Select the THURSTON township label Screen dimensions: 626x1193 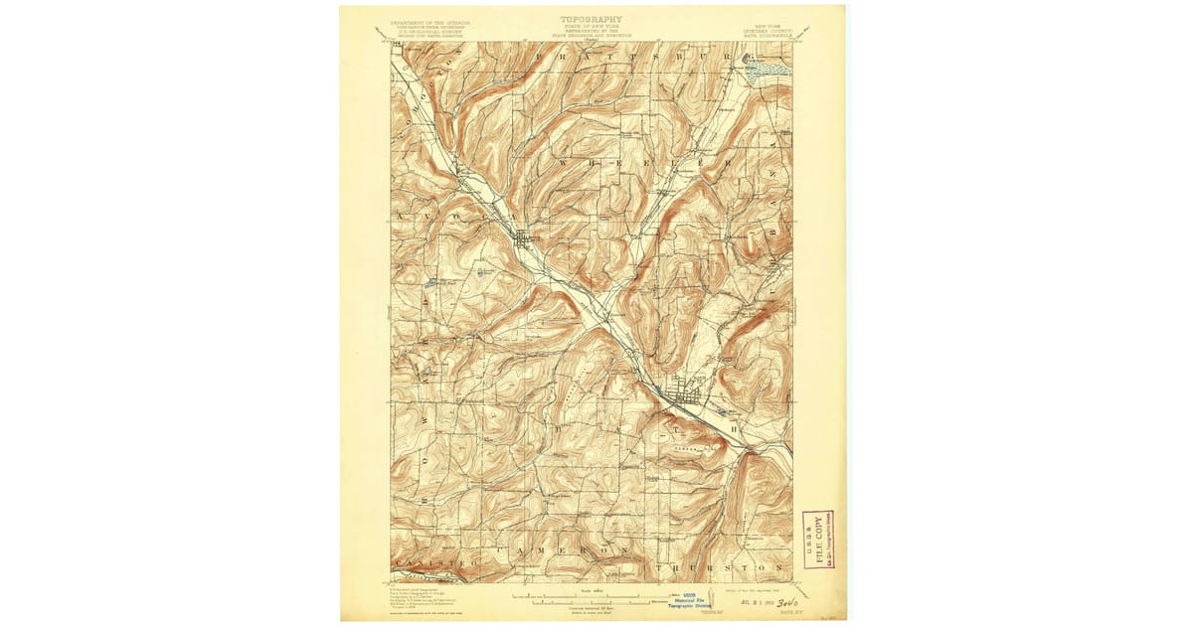click(720, 566)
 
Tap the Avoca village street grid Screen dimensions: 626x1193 click(524, 239)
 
